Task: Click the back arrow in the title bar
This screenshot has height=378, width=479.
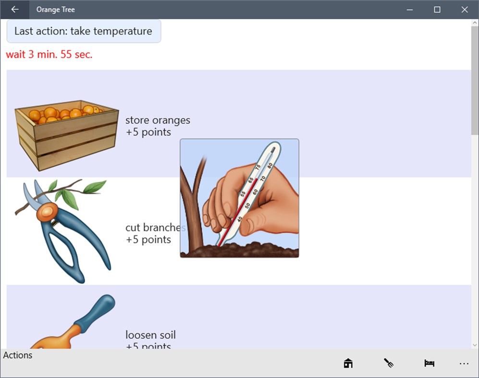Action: click(15, 10)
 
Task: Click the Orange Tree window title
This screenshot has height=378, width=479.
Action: click(56, 10)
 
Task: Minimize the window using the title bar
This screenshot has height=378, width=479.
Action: click(410, 10)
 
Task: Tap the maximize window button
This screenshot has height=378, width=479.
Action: click(437, 10)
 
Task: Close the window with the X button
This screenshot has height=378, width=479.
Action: click(465, 10)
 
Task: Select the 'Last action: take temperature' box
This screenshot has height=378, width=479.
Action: click(84, 31)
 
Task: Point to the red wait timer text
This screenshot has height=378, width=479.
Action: click(49, 54)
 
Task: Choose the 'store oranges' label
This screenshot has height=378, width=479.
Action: click(158, 120)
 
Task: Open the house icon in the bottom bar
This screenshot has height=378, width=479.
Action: click(348, 364)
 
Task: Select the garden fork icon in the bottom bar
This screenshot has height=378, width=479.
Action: click(389, 364)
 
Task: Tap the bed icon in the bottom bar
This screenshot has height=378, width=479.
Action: click(429, 364)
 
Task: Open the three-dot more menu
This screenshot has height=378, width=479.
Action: click(464, 364)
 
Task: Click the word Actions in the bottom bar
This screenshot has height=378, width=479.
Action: click(18, 355)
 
